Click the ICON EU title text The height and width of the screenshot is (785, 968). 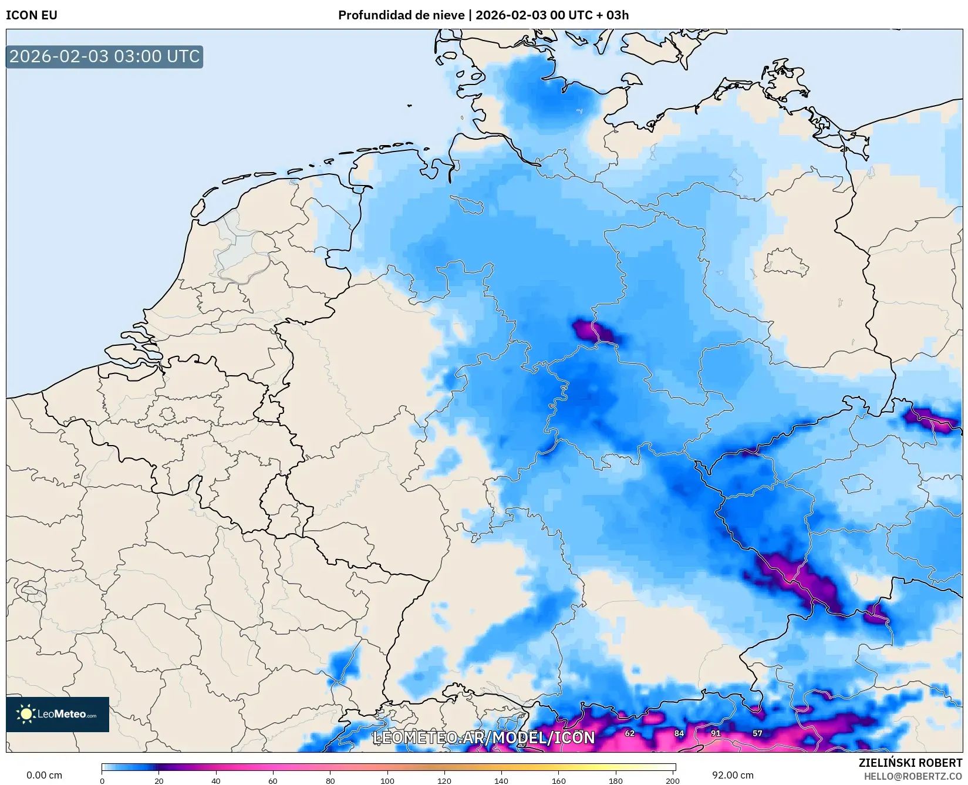32,15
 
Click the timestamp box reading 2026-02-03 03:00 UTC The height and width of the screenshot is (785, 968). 104,56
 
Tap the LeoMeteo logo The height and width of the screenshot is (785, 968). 58,714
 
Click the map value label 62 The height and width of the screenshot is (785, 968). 630,733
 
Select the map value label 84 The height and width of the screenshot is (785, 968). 679,733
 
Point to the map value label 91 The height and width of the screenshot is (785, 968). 716,733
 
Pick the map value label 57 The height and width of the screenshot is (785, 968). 757,733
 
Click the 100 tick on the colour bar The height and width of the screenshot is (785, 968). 387,780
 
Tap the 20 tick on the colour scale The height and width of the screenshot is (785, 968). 158,780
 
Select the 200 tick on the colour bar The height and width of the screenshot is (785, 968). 673,780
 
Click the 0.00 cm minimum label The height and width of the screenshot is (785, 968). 45,775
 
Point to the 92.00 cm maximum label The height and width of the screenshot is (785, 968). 733,775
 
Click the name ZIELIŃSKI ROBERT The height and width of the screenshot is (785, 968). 910,763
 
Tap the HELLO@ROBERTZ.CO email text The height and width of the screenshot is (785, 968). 913,776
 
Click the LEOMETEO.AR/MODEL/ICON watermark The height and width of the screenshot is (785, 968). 484,737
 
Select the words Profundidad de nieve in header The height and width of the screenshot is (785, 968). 401,15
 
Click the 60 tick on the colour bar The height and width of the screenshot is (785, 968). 273,780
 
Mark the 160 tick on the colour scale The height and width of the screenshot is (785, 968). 558,780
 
